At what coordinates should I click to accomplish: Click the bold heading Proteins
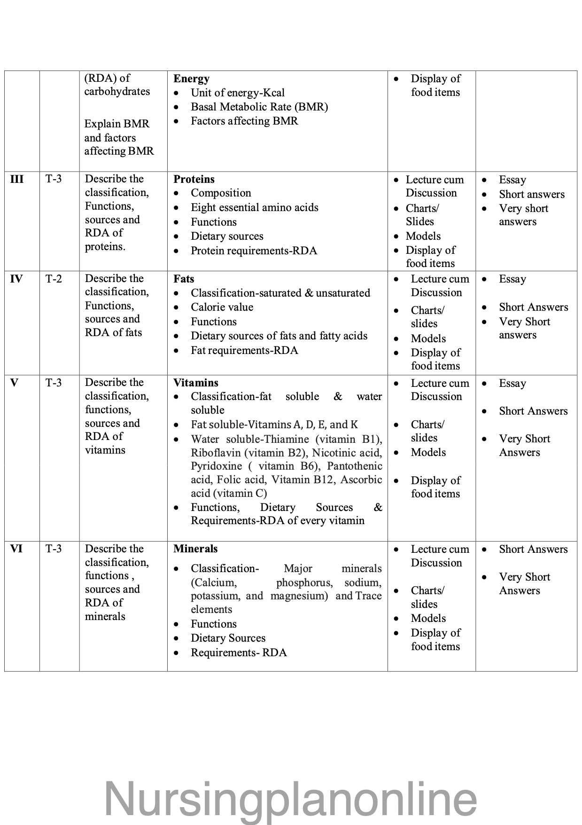(x=194, y=179)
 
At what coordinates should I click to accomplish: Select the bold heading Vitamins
(x=196, y=383)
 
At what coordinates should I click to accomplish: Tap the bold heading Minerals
(x=195, y=549)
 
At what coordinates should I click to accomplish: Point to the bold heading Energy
(x=191, y=79)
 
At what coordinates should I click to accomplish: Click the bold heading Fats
(x=184, y=279)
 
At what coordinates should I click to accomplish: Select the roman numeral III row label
(x=17, y=179)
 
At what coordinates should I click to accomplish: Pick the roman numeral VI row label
(x=16, y=549)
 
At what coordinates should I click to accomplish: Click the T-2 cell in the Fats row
(x=54, y=279)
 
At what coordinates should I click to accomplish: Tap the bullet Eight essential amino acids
(x=254, y=207)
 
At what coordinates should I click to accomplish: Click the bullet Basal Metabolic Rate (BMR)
(x=259, y=107)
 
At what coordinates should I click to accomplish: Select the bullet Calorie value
(x=222, y=307)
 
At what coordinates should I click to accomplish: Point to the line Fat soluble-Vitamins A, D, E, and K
(x=274, y=424)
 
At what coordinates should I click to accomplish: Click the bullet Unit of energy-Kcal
(x=237, y=93)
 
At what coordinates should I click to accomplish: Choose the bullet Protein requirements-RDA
(x=254, y=251)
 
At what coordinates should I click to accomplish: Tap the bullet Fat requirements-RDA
(x=244, y=350)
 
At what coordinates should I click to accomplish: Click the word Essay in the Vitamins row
(x=512, y=383)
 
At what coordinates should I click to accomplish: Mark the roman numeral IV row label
(x=16, y=279)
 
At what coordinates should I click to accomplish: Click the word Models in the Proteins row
(x=423, y=236)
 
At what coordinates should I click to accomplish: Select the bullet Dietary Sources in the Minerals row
(x=228, y=638)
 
